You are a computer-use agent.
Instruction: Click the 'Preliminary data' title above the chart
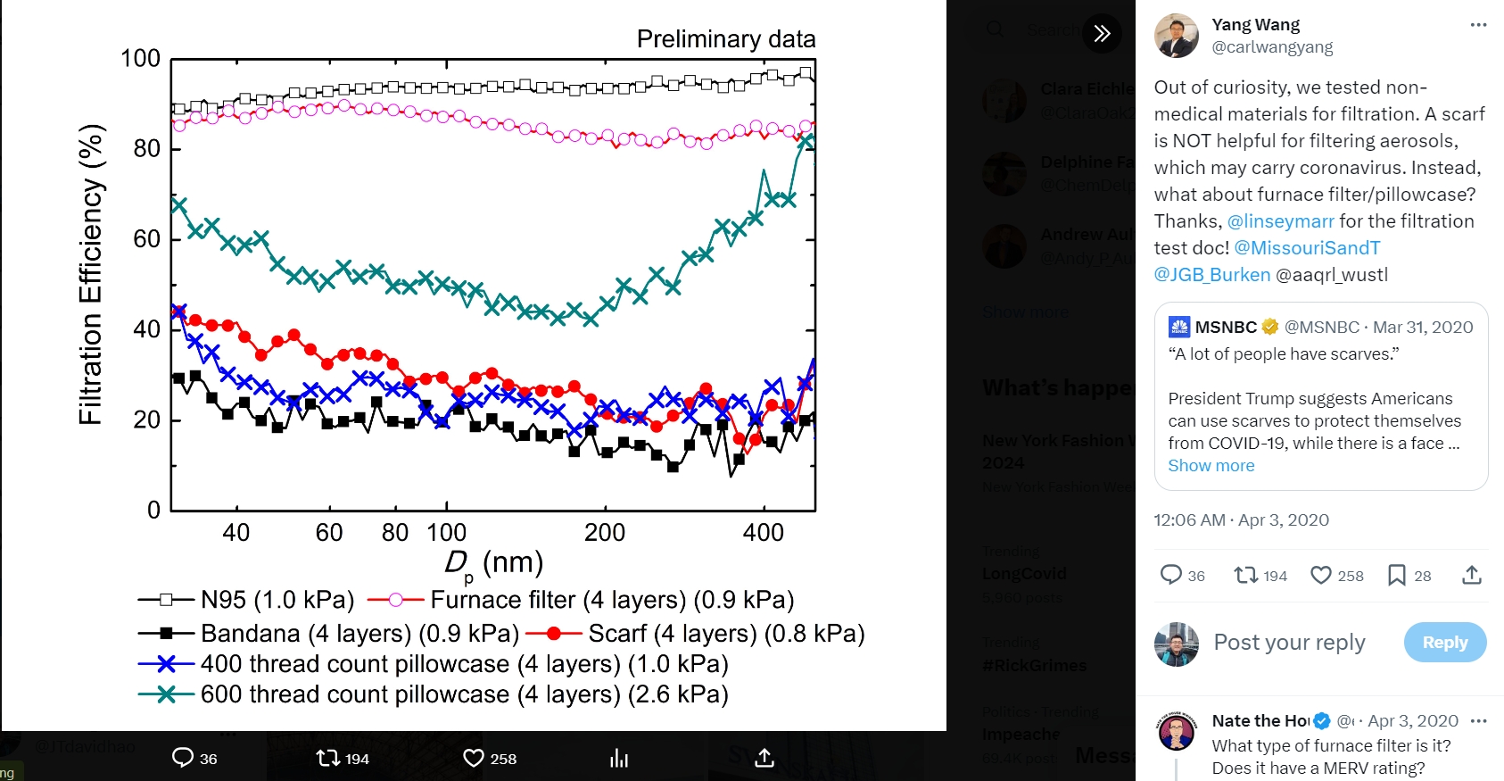[x=725, y=39]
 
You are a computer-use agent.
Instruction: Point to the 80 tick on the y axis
[x=147, y=148]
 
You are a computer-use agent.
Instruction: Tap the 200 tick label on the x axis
[x=604, y=533]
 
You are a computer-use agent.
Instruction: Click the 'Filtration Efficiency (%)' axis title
[x=91, y=275]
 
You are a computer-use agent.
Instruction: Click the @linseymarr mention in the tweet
[x=1280, y=221]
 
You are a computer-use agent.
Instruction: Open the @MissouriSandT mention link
[x=1307, y=248]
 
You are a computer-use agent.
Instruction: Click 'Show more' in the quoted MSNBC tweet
[x=1211, y=466]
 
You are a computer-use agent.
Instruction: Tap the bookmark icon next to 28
[x=1397, y=576]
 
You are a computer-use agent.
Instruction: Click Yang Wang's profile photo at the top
[x=1177, y=36]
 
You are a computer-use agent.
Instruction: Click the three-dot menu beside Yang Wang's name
[x=1478, y=25]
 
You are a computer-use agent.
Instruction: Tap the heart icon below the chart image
[x=474, y=759]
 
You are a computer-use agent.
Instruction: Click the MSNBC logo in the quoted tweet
[x=1179, y=328]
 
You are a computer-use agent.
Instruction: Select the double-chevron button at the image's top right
[x=1103, y=34]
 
